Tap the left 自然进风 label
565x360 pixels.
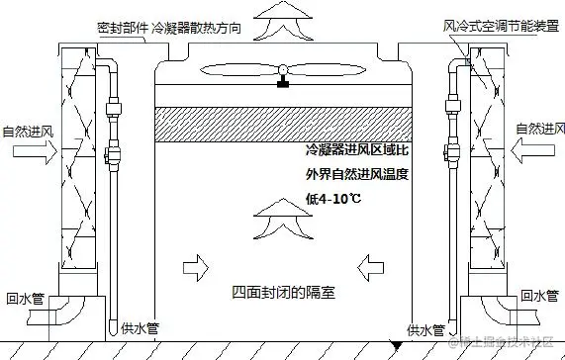pyautogui.click(x=27, y=131)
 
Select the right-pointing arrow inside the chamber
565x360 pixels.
pyautogui.click(x=195, y=264)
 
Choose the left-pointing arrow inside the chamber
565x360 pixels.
pyautogui.click(x=373, y=264)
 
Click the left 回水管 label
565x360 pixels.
pyautogui.click(x=26, y=296)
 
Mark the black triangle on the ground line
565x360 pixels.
pyautogui.click(x=397, y=346)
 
